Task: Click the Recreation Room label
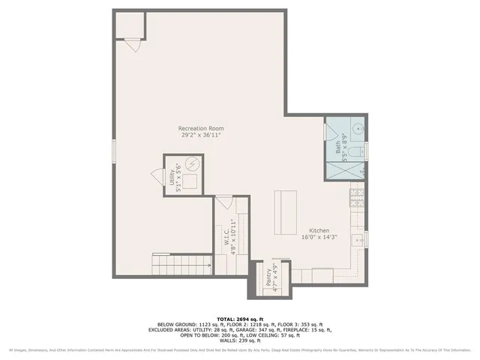point(200,128)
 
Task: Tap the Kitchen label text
point(319,230)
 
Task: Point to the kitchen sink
point(358,239)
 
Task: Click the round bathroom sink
point(358,130)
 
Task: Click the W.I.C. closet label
point(226,234)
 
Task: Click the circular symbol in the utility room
point(193,163)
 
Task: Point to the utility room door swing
point(157,174)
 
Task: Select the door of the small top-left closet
point(133,45)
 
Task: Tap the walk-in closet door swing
point(223,202)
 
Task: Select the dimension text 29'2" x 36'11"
point(200,136)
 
